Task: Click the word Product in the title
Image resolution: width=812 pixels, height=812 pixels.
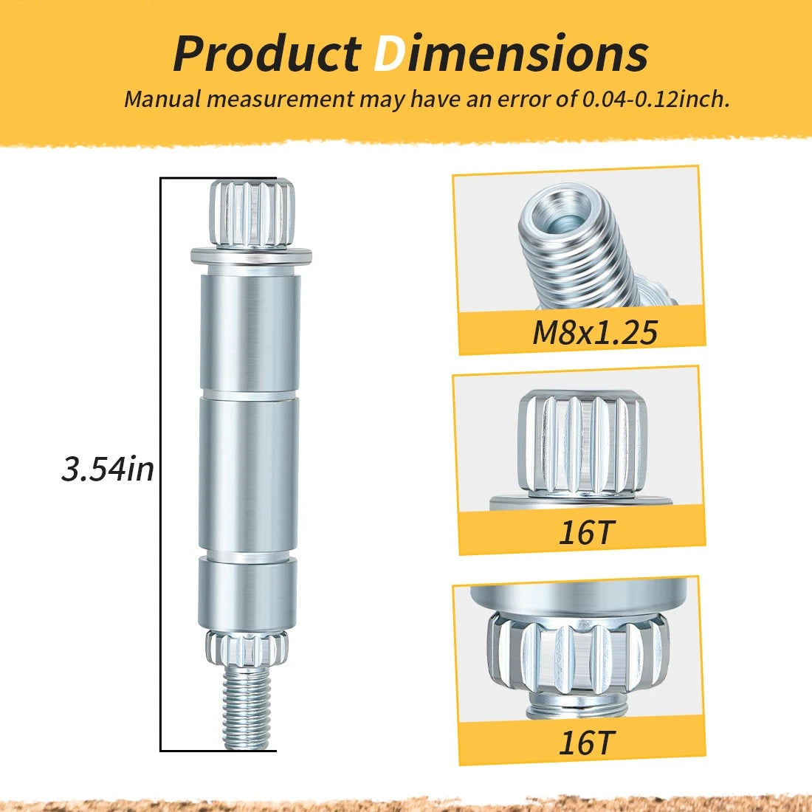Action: point(266,55)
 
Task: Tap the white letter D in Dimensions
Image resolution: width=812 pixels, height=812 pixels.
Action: point(389,55)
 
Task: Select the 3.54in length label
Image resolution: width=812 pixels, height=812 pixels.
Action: point(108,469)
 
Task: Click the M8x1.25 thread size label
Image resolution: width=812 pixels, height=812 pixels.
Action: point(595,332)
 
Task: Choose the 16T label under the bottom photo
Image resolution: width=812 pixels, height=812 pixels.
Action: point(585,742)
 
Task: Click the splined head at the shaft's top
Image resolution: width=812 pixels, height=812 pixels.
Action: point(252,213)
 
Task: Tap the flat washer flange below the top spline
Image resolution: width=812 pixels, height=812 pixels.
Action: point(251,255)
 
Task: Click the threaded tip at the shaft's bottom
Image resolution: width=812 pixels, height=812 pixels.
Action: point(247,707)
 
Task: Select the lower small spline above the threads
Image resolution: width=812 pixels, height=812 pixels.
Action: point(247,647)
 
